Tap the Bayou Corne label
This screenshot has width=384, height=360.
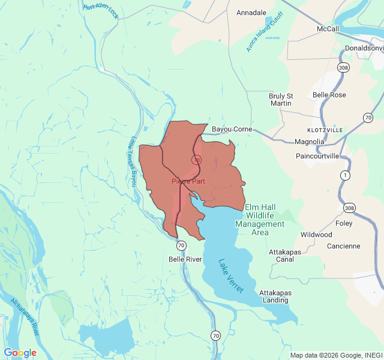click(x=232, y=129)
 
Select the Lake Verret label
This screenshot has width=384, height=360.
click(x=231, y=275)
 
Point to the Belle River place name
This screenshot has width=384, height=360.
click(x=185, y=259)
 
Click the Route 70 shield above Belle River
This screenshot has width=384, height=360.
click(x=181, y=245)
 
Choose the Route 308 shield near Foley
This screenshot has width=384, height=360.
click(x=349, y=208)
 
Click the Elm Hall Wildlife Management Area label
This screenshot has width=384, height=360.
click(x=264, y=220)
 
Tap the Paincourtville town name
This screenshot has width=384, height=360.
click(x=317, y=156)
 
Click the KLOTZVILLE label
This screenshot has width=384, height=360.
click(x=325, y=130)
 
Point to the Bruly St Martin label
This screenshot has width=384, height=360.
click(x=281, y=100)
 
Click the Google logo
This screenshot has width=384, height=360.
click(x=20, y=353)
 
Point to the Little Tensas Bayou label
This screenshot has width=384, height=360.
click(x=133, y=160)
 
